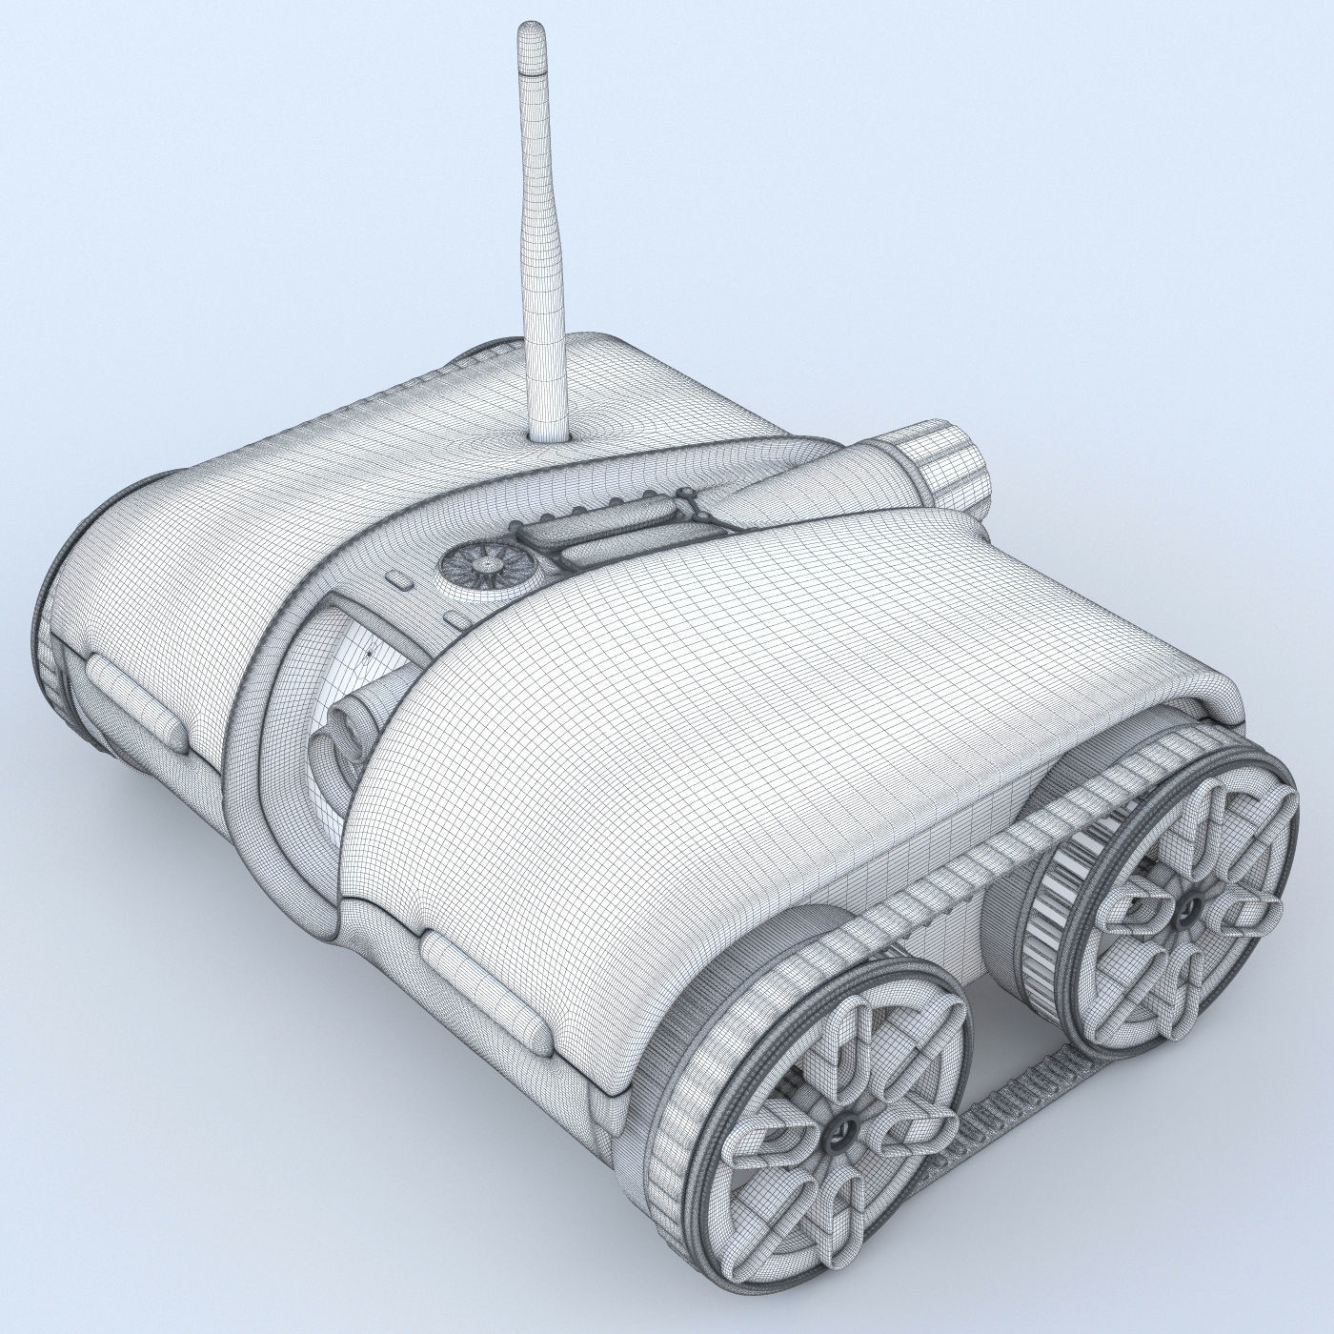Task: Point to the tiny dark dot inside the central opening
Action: [x=369, y=656]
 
